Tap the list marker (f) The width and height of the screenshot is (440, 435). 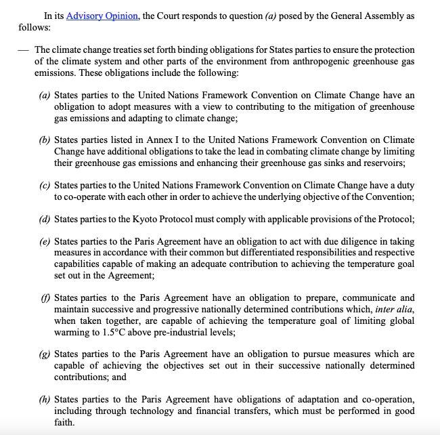[x=45, y=298]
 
